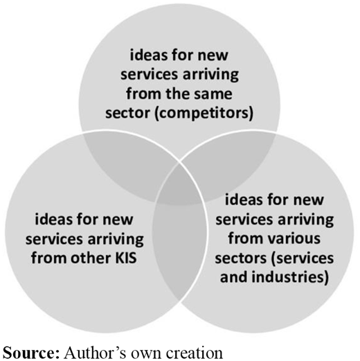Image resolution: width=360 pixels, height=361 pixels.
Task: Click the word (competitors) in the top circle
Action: point(204,114)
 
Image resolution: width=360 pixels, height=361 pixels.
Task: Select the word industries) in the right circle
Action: point(290,277)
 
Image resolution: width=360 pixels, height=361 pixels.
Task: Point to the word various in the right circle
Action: point(298,238)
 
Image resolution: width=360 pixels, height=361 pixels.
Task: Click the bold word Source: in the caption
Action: point(31,353)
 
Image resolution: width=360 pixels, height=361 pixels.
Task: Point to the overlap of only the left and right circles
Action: point(179,249)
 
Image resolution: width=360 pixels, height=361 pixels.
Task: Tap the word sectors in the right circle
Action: point(241,258)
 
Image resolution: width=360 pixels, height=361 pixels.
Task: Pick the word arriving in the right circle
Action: point(305,220)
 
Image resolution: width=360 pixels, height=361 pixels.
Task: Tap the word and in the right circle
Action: point(234,277)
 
